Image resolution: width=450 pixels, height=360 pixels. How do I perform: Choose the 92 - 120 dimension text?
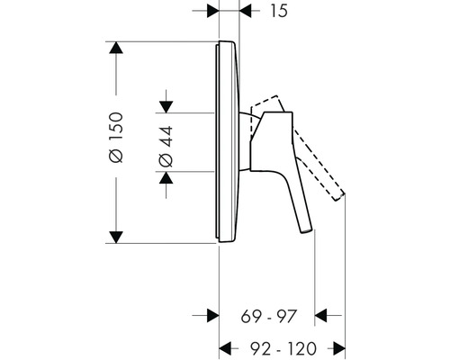283,346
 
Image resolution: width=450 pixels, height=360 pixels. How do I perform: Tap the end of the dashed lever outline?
345,196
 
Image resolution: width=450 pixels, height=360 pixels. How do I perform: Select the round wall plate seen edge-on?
227,142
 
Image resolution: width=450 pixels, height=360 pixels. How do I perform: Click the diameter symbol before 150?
114,159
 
